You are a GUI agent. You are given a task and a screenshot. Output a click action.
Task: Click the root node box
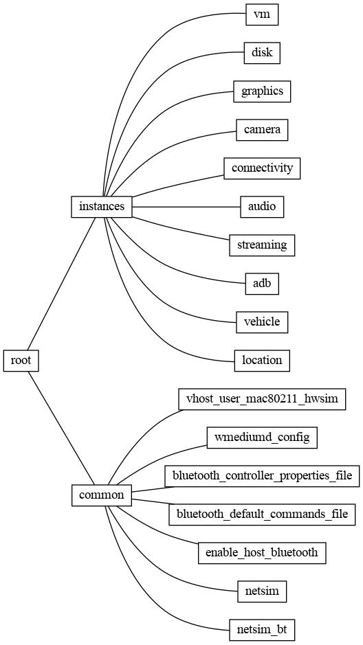click(21, 360)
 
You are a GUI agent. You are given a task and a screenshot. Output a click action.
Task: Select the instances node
click(102, 206)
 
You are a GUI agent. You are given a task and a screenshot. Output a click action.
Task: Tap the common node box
click(102, 495)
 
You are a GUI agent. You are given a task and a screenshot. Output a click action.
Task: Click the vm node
click(262, 14)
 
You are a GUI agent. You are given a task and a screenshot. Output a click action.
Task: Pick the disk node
click(262, 52)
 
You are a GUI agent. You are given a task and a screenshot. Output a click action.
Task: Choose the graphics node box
click(262, 91)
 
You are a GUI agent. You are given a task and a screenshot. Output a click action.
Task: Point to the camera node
click(262, 129)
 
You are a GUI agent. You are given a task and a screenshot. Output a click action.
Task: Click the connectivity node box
click(262, 168)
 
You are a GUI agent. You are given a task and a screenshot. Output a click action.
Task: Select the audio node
click(262, 206)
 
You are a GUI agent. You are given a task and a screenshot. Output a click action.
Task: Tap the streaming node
click(262, 245)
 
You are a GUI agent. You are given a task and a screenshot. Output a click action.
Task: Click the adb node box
click(262, 283)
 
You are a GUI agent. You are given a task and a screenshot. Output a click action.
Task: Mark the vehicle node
click(262, 321)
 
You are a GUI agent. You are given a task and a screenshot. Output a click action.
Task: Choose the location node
click(262, 360)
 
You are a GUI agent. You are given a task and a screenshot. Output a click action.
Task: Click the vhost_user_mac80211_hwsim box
click(262, 398)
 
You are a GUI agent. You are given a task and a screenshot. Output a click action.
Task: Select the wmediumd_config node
click(262, 437)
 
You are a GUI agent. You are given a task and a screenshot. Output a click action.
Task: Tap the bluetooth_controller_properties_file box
click(262, 475)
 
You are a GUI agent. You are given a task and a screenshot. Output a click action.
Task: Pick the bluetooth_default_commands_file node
click(262, 514)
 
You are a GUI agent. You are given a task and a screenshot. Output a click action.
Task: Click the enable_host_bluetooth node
click(262, 552)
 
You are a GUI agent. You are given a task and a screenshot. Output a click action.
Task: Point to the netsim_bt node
click(262, 629)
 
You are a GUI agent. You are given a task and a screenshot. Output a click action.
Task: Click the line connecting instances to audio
click(186, 206)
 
